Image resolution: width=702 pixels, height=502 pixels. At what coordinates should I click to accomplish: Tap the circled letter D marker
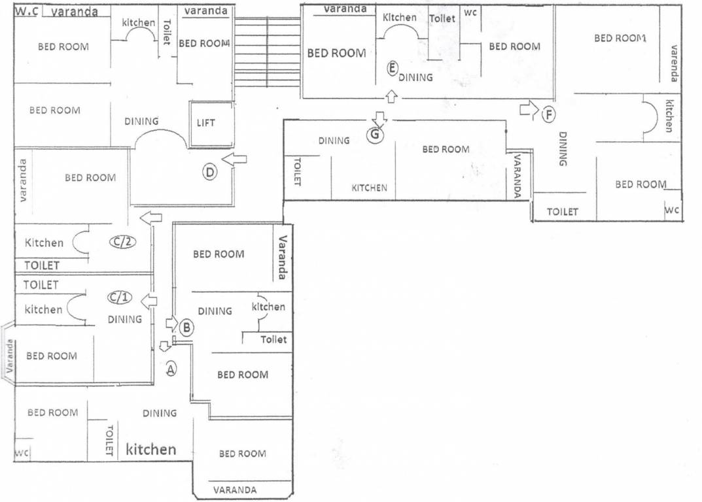click(x=210, y=173)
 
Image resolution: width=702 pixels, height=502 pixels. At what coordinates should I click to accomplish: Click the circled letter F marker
click(x=549, y=115)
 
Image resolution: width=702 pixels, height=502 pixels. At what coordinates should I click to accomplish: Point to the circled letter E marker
click(x=392, y=67)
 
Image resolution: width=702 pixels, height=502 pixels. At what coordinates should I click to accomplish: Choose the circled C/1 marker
click(x=120, y=298)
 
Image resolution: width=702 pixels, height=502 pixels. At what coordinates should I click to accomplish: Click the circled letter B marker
click(x=186, y=328)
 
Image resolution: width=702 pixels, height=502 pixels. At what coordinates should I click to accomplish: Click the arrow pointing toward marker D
click(x=235, y=159)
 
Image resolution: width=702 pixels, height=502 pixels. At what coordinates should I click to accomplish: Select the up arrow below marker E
click(x=391, y=97)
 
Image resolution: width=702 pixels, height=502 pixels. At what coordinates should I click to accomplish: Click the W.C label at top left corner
click(x=26, y=11)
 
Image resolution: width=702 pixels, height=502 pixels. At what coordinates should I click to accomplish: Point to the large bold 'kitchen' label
click(x=151, y=450)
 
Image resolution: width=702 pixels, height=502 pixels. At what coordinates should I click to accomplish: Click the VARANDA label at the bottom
click(x=235, y=490)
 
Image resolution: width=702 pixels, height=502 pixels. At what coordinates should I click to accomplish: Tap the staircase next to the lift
click(x=267, y=52)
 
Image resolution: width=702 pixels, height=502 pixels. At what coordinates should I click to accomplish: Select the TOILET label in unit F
click(x=563, y=212)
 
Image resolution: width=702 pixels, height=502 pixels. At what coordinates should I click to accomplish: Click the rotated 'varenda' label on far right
click(x=675, y=63)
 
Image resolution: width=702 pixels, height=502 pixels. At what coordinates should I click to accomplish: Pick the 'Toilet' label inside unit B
click(x=273, y=339)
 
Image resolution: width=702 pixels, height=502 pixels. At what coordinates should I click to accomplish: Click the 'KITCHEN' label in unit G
click(x=370, y=188)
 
